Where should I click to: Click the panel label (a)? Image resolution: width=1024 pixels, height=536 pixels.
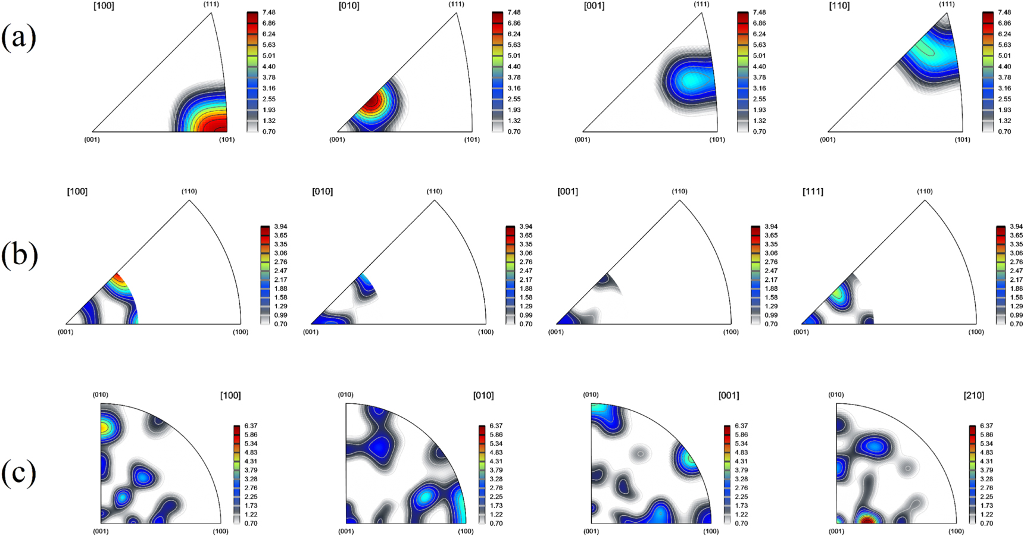(x=18, y=37)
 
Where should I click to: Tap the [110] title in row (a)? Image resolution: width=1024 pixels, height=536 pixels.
(x=839, y=6)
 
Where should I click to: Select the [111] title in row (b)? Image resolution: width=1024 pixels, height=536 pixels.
(x=813, y=192)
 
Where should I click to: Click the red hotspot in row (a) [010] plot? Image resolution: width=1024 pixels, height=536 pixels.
(x=371, y=102)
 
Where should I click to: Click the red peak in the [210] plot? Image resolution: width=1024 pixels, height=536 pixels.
(x=867, y=521)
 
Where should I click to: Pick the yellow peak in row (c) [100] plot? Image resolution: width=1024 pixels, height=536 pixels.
(x=104, y=427)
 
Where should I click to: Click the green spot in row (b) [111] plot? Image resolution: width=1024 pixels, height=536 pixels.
(x=838, y=293)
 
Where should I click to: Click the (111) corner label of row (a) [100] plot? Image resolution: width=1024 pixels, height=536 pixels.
(x=211, y=4)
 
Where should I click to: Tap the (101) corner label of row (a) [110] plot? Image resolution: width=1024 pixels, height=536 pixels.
(x=962, y=140)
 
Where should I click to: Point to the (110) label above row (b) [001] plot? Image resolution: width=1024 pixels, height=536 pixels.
(x=679, y=192)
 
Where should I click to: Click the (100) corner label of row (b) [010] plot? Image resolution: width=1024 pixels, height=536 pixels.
(x=485, y=332)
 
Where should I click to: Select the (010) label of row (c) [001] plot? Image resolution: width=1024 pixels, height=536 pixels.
(x=591, y=395)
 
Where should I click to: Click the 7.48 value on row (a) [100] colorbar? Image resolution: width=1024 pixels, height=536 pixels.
(x=269, y=12)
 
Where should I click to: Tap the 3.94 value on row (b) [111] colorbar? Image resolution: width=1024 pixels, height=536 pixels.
(x=1016, y=227)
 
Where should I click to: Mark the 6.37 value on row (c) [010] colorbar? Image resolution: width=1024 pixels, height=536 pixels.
(x=496, y=426)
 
